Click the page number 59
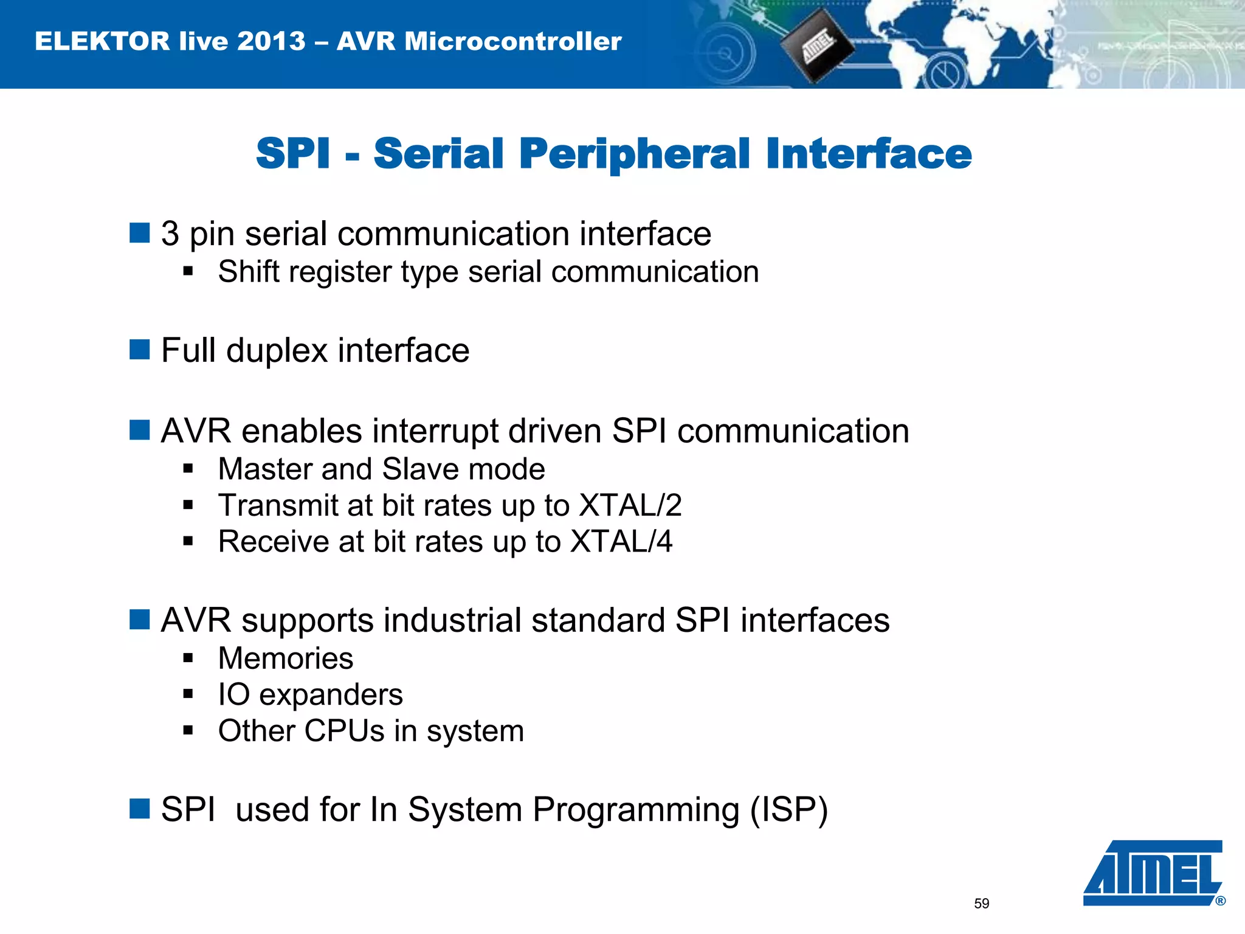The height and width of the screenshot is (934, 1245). coord(981,904)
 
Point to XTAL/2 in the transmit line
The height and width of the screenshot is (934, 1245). coord(630,505)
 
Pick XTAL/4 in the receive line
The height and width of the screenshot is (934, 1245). coord(621,541)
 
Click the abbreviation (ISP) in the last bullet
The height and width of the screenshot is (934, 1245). coord(788,810)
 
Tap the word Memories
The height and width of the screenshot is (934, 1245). coord(286,659)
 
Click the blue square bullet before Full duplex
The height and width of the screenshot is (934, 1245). coord(140,350)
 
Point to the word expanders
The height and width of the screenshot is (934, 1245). coord(331,695)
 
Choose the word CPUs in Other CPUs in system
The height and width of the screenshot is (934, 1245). coord(344,731)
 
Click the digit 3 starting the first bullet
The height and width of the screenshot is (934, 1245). coord(170,234)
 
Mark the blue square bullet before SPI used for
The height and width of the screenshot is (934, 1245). coord(140,809)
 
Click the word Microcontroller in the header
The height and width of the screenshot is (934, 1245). coord(512,41)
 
